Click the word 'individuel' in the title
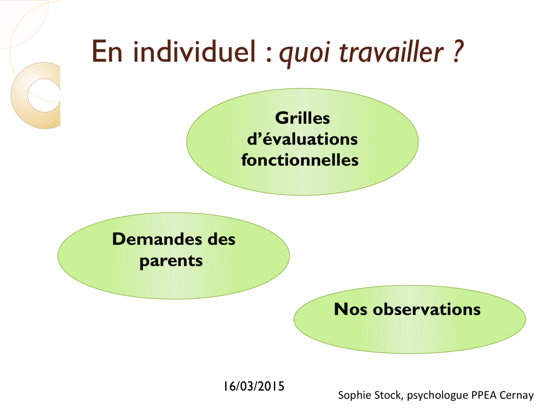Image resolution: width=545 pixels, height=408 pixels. (194, 52)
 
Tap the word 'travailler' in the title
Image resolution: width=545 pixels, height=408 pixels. (391, 52)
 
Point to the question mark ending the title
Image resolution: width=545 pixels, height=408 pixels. (458, 52)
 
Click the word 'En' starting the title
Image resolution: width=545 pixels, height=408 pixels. (107, 52)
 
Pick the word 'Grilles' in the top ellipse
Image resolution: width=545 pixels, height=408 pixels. (302, 118)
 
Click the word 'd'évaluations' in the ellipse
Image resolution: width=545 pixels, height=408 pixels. (302, 139)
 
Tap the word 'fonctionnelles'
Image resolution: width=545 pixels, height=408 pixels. (300, 160)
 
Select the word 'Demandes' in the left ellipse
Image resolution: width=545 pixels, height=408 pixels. (158, 239)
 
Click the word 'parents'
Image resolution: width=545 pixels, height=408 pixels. (171, 261)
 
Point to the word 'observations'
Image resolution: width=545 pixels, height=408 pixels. (426, 309)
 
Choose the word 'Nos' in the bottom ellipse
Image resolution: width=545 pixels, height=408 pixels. (350, 309)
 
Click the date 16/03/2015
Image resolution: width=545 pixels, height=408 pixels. (254, 386)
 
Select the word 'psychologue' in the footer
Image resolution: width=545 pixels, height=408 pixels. (437, 395)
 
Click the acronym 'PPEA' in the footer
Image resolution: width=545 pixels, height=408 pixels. (484, 395)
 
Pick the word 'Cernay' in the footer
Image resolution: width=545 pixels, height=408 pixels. (516, 395)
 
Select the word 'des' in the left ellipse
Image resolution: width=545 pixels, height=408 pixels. (221, 239)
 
